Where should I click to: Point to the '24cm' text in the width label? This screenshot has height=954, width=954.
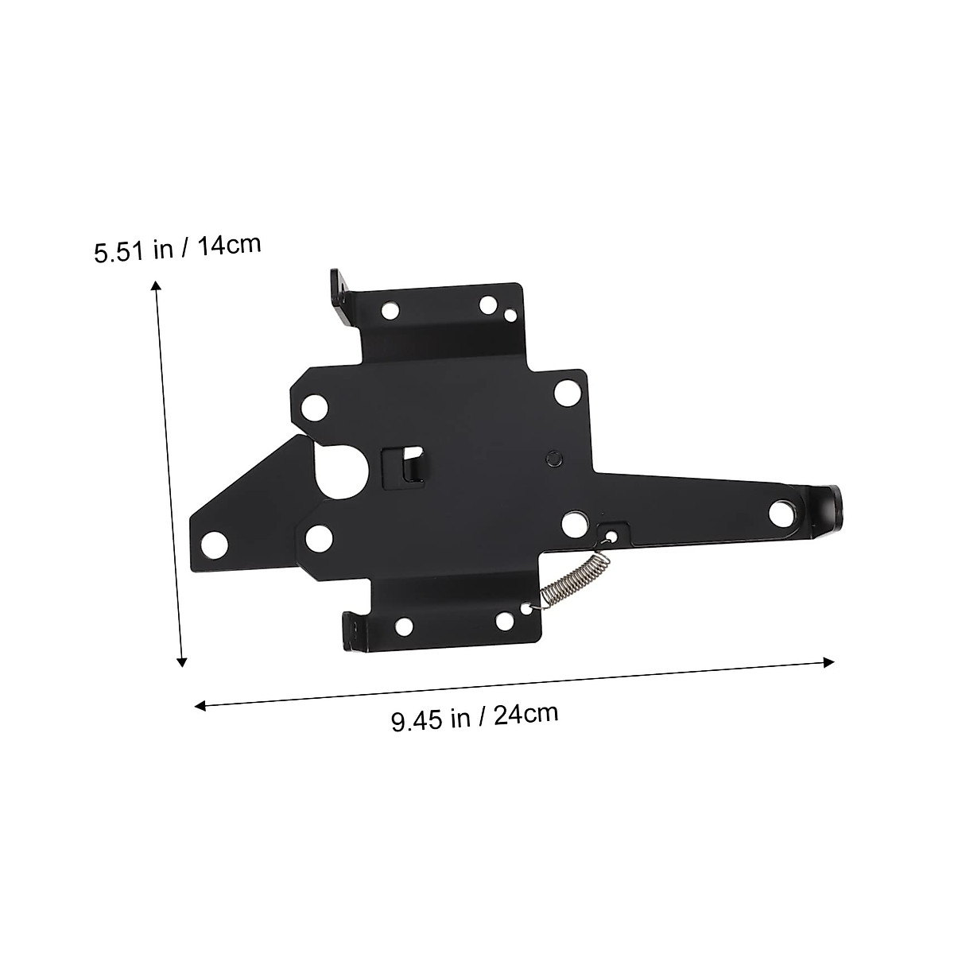click(x=525, y=715)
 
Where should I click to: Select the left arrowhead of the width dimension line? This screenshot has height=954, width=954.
click(x=201, y=704)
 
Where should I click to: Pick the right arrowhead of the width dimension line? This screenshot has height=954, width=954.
click(x=828, y=661)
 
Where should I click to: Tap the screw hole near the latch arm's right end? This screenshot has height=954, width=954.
click(x=784, y=513)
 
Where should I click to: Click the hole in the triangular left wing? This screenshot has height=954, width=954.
click(x=214, y=545)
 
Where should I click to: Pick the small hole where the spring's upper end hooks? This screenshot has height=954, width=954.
click(x=611, y=535)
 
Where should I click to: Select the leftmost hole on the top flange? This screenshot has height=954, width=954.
click(x=390, y=311)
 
